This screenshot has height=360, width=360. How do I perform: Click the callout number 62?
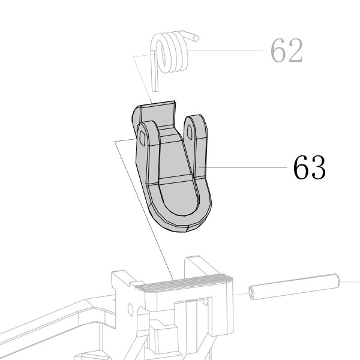(x=287, y=51)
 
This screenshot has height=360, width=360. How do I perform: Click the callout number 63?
(x=309, y=167)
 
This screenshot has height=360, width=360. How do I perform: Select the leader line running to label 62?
(x=225, y=50)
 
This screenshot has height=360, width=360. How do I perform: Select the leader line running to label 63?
(x=242, y=167)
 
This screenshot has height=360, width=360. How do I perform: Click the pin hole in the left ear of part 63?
(x=142, y=138)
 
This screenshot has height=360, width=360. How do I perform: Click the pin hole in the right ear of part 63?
(x=190, y=132)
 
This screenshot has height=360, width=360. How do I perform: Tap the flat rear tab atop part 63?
(x=158, y=114)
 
